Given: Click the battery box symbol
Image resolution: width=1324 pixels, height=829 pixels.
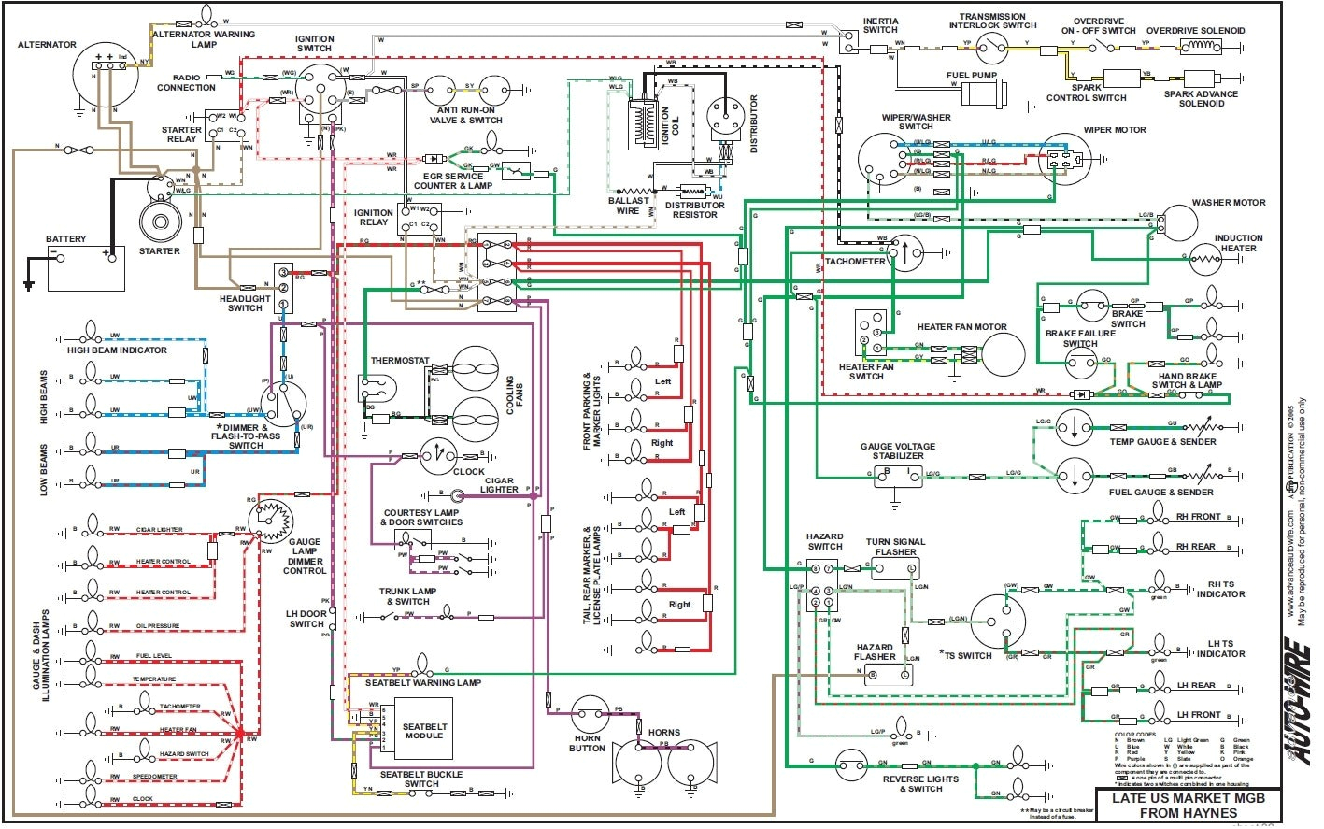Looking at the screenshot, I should coord(85,268).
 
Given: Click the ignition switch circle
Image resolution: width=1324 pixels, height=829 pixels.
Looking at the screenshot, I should coord(320,92).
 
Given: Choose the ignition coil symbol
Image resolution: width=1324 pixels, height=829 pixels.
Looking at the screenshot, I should coord(645,122).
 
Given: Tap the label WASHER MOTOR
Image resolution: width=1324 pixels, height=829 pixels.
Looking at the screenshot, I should coord(1228,202).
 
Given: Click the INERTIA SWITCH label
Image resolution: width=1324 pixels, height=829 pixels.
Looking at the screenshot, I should coord(880,25).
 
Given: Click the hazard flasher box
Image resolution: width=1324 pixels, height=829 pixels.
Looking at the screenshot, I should coord(880,676).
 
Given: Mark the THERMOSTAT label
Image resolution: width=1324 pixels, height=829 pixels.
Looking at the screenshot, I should coord(400,360).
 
